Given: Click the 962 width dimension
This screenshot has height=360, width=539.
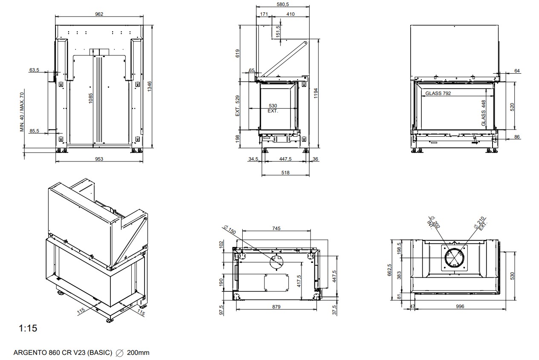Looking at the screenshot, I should pyautogui.click(x=99, y=14).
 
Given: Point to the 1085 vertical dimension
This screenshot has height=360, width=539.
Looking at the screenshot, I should pyautogui.click(x=91, y=98).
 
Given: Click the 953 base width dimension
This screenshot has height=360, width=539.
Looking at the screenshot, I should pyautogui.click(x=99, y=159).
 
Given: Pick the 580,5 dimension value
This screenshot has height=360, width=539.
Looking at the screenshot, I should pyautogui.click(x=282, y=4).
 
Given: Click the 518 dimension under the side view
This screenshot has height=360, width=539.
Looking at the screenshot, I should pyautogui.click(x=285, y=173).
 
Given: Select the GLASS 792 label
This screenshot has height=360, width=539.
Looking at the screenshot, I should pyautogui.click(x=438, y=93).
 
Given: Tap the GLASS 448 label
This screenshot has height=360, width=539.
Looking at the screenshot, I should pyautogui.click(x=484, y=113).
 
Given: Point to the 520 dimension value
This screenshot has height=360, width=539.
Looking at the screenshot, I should pyautogui.click(x=513, y=107).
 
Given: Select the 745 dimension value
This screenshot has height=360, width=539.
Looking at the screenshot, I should pyautogui.click(x=276, y=229).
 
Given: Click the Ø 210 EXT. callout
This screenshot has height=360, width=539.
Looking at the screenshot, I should pyautogui.click(x=481, y=224).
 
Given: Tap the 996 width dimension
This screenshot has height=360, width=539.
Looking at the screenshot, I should pyautogui.click(x=460, y=306).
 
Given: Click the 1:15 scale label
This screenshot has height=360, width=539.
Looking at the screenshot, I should pyautogui.click(x=28, y=328).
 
